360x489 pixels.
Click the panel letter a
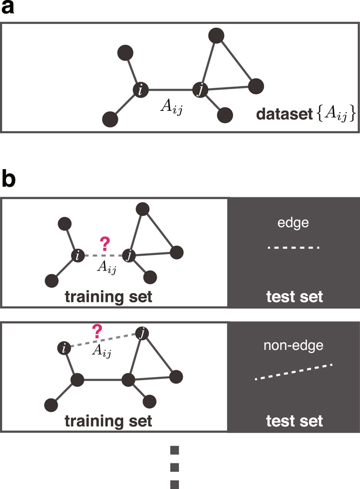point(9,11)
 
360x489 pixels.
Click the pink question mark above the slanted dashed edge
point(97,332)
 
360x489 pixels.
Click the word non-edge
point(294,347)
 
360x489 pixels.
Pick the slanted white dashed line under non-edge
point(294,372)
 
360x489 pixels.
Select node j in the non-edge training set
point(141,334)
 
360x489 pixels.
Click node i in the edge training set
point(78,256)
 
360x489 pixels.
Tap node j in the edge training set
point(128,256)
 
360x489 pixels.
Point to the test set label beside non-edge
point(294,421)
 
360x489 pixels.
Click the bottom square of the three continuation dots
point(174,484)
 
